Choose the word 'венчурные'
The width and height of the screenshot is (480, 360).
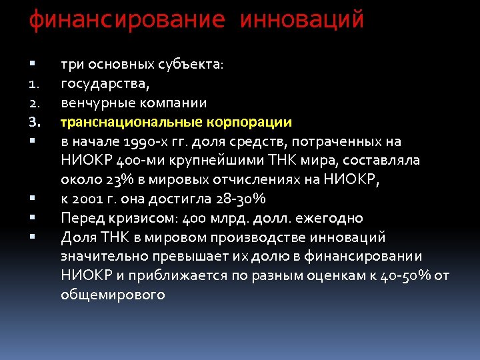coord(95,103)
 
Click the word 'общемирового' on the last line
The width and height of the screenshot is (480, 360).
coord(113,295)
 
